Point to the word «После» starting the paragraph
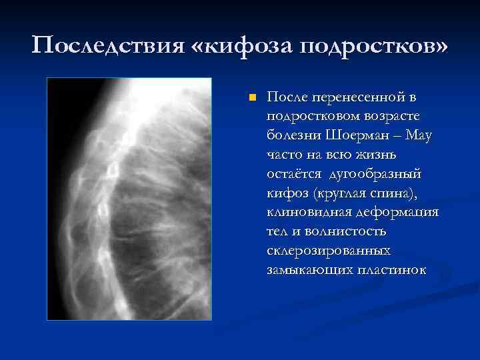click(x=287, y=98)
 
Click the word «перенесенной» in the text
click(x=359, y=98)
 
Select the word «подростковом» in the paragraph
click(x=313, y=117)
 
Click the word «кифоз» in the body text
click(x=284, y=194)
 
